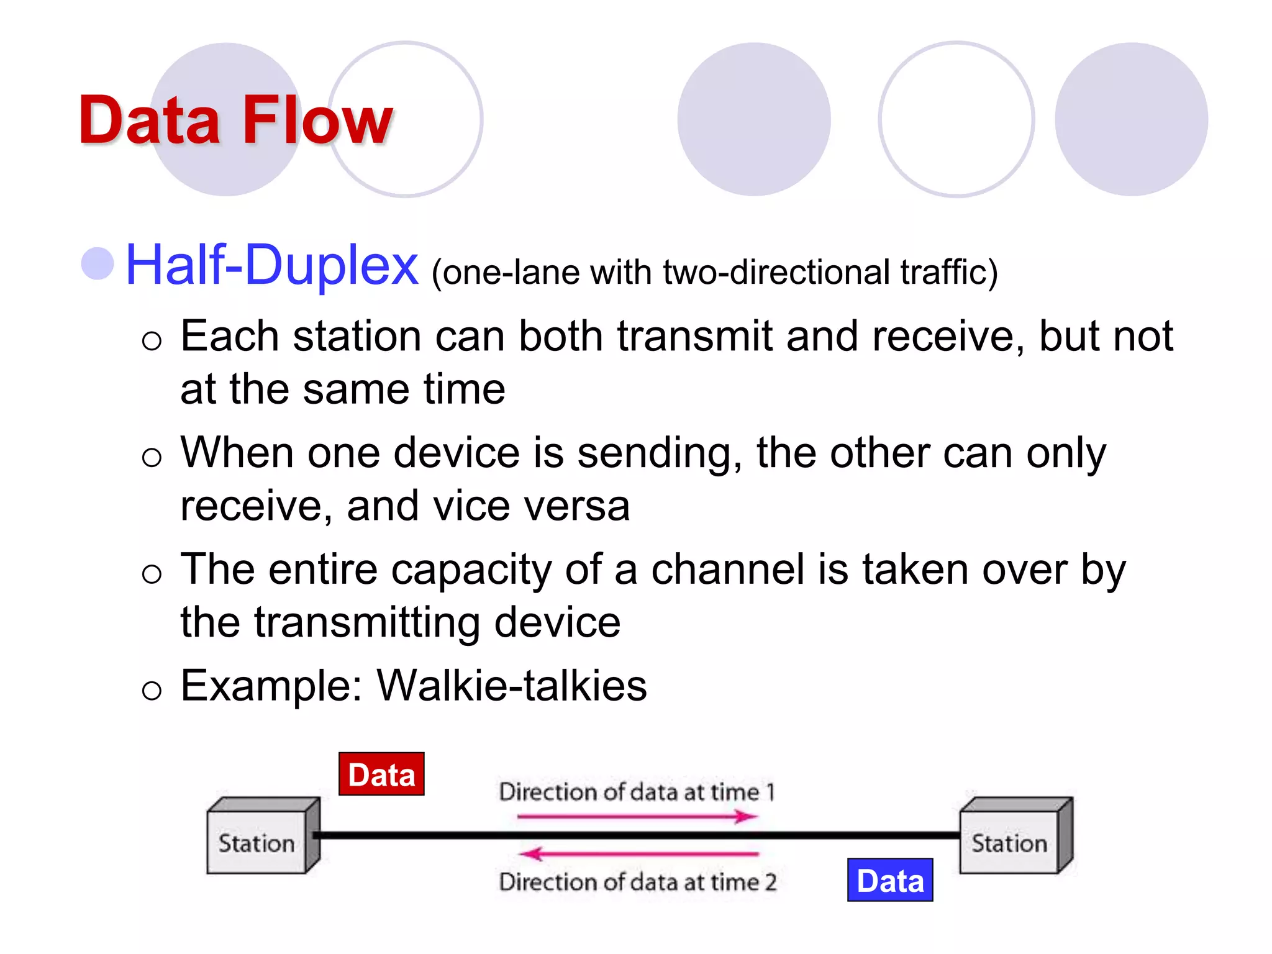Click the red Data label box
click(381, 774)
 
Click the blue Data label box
click(890, 880)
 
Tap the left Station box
click(257, 842)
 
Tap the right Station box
click(1009, 842)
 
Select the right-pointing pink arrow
click(637, 816)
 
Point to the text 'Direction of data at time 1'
click(637, 792)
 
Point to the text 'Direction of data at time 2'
click(637, 882)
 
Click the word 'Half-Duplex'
click(271, 265)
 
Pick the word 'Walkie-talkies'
click(512, 686)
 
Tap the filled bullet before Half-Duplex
click(98, 264)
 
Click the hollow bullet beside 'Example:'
click(152, 690)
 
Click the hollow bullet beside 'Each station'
click(152, 340)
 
